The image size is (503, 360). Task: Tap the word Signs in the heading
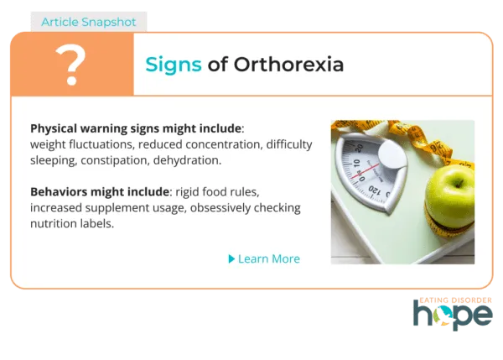click(x=174, y=64)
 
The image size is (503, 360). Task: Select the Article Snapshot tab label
click(x=89, y=21)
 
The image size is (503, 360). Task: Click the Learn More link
click(x=268, y=258)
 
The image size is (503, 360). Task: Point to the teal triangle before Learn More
click(x=231, y=258)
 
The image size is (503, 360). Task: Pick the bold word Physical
click(x=55, y=129)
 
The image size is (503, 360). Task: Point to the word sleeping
click(x=54, y=159)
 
